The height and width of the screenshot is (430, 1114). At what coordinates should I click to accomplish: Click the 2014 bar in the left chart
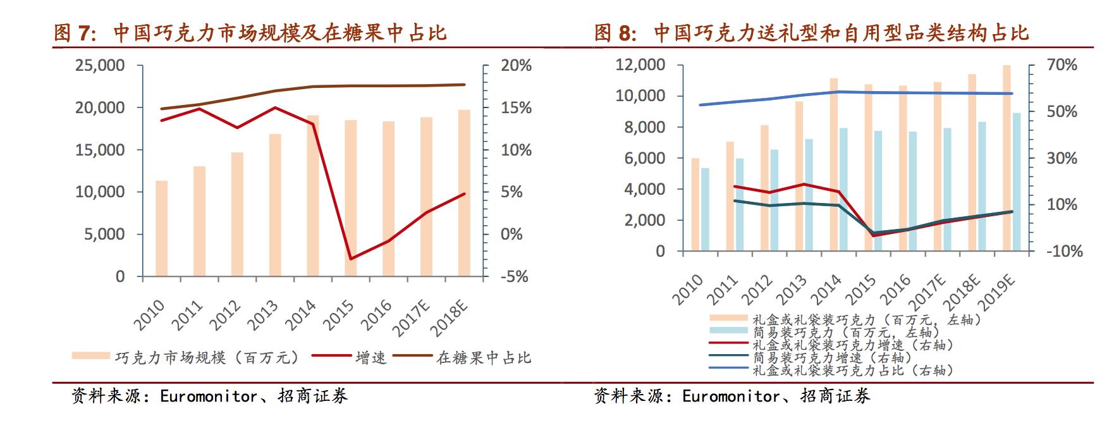(x=313, y=196)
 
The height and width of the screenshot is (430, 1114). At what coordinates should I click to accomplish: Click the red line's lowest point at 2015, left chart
(x=350, y=259)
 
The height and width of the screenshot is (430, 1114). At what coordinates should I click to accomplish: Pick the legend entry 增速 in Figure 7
(x=370, y=358)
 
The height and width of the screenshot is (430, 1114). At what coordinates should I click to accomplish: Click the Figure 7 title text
(x=250, y=33)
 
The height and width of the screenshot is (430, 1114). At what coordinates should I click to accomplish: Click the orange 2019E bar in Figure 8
(x=1007, y=158)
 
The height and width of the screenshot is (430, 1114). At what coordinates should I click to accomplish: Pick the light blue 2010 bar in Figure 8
(x=705, y=209)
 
